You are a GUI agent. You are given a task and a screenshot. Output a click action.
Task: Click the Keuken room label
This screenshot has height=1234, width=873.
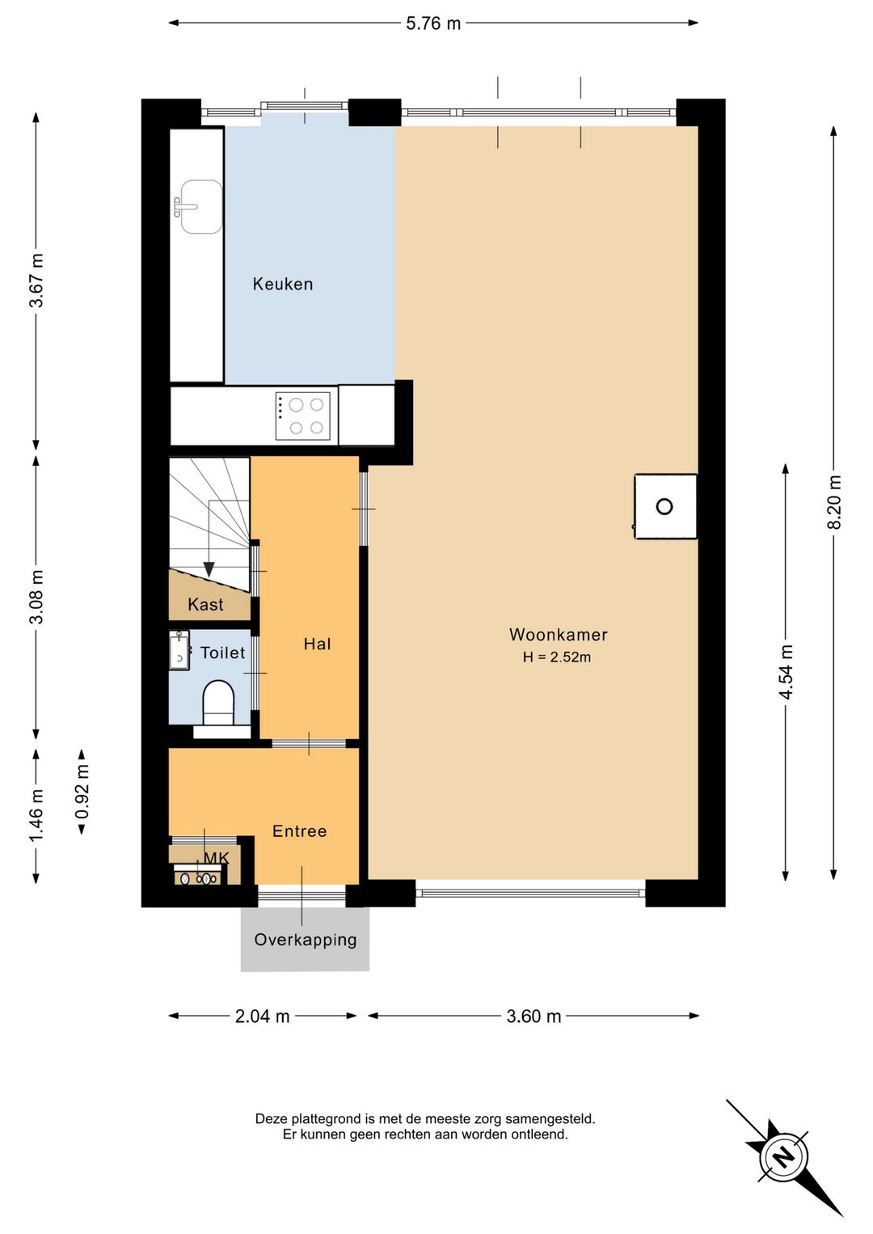[x=283, y=285]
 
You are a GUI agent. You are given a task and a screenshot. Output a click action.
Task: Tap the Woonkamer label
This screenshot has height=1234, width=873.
[x=558, y=635]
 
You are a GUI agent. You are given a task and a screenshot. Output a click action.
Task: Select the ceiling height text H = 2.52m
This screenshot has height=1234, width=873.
[x=557, y=657]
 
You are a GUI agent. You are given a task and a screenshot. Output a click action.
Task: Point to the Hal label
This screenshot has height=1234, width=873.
[x=317, y=644]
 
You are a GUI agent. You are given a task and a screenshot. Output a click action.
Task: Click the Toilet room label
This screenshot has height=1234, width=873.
[x=222, y=653]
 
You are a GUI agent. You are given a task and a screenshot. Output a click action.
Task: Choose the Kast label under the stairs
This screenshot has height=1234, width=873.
[x=205, y=604]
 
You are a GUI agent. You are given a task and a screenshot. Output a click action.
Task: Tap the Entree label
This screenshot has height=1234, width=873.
[x=300, y=831]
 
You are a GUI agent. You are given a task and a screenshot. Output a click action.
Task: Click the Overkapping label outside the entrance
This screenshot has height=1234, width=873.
[x=305, y=940]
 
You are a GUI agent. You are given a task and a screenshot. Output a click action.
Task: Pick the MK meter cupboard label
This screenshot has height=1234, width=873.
[x=217, y=858]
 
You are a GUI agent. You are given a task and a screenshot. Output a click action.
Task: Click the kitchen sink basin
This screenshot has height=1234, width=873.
[x=201, y=207]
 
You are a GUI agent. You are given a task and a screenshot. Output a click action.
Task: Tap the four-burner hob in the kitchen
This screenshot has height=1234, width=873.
[x=303, y=416]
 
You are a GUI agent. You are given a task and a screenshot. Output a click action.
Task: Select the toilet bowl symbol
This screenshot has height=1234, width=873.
[x=219, y=703]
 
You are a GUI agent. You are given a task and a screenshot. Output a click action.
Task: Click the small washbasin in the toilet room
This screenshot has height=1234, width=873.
[x=179, y=650]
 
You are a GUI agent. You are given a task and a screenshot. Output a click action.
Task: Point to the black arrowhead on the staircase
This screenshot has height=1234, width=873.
[x=209, y=568]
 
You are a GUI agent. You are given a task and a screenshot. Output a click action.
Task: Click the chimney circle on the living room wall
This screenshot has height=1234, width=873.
[x=664, y=506]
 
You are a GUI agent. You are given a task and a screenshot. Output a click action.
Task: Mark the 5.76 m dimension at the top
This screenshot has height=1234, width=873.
[x=433, y=23]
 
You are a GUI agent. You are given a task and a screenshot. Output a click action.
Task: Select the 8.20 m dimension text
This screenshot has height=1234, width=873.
[x=834, y=502]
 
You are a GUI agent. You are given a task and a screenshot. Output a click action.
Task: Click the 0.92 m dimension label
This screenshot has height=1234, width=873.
[x=82, y=792]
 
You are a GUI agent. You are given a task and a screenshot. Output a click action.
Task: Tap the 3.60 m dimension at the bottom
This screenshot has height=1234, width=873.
[x=533, y=1016]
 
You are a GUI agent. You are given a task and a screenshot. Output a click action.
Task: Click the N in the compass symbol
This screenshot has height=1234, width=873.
[x=783, y=1156]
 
